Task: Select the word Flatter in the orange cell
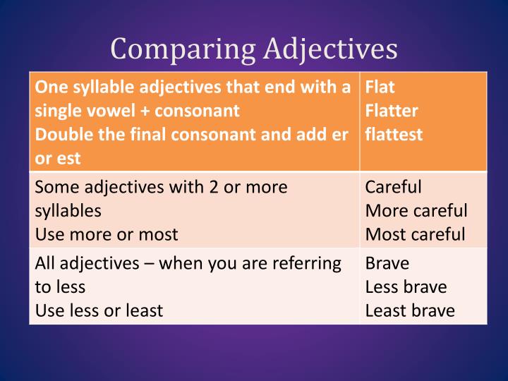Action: (392, 111)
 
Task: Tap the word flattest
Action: (394, 134)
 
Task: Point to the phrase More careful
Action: (416, 210)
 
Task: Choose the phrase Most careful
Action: (415, 234)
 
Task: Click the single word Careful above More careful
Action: (393, 187)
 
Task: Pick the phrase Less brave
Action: (406, 286)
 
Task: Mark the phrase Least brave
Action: (409, 310)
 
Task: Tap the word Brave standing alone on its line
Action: (387, 263)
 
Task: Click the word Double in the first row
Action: (61, 134)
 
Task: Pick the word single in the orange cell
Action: (57, 111)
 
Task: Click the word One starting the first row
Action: (49, 87)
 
